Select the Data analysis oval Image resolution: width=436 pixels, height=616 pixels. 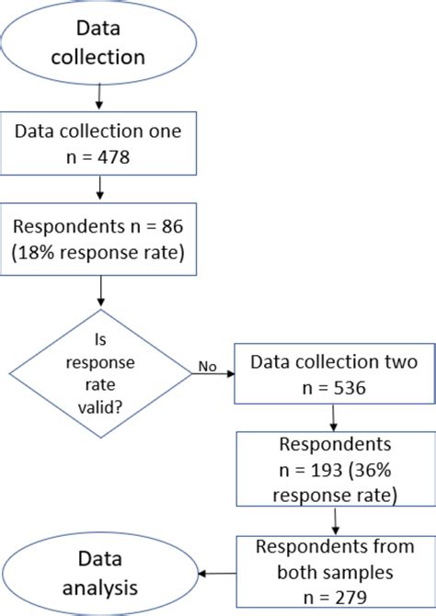pyautogui.click(x=98, y=573)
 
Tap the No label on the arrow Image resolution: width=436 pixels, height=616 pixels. pyautogui.click(x=207, y=367)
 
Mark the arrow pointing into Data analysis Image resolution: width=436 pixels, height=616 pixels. pyautogui.click(x=218, y=573)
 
